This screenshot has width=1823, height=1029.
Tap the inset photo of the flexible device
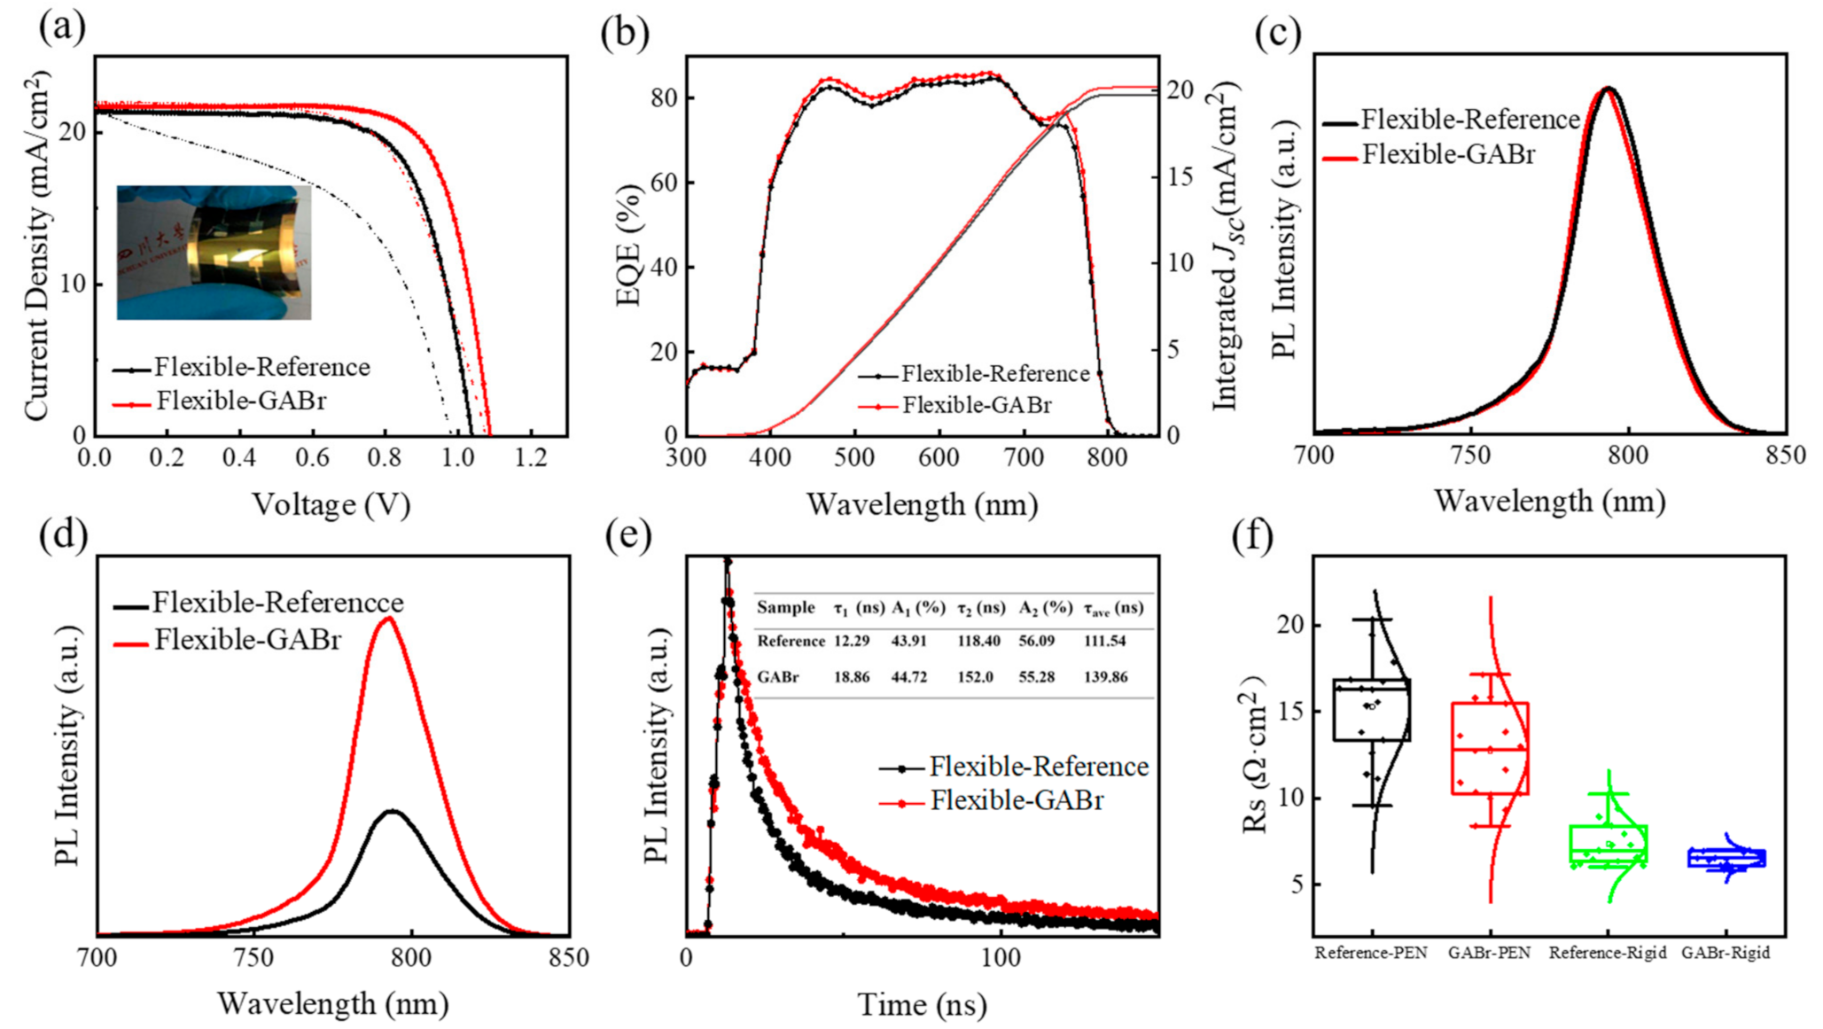(x=214, y=253)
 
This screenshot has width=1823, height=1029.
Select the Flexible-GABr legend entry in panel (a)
(x=239, y=401)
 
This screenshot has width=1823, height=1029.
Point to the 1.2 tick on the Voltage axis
(x=530, y=458)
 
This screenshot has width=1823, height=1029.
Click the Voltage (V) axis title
(x=331, y=504)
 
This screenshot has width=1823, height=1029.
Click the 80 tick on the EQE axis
(x=664, y=97)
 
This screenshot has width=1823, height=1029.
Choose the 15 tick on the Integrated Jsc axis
(x=1180, y=176)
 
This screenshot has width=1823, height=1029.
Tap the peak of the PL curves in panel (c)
(x=1607, y=89)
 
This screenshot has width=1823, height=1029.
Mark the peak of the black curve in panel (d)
(x=392, y=811)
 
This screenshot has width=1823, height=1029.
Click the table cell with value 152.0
(x=975, y=677)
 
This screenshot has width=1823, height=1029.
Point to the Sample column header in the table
(x=785, y=608)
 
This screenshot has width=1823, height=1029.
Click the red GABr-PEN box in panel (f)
(x=1490, y=748)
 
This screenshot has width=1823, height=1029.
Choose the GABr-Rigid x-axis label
(x=1725, y=954)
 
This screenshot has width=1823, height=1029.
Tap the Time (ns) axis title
(x=922, y=1004)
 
